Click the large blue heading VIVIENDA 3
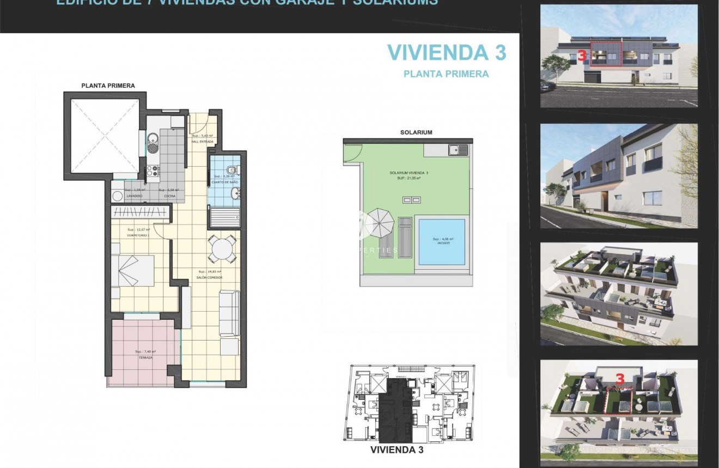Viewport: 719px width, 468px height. pyautogui.click(x=446, y=52)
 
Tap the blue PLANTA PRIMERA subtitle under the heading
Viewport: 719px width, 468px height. pyautogui.click(x=446, y=74)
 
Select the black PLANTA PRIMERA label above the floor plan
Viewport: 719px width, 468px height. pyautogui.click(x=108, y=86)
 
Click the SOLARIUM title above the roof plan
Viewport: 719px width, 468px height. pyautogui.click(x=416, y=132)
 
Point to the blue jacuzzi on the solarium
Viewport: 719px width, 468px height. pyautogui.click(x=442, y=241)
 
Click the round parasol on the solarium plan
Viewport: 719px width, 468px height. pyautogui.click(x=379, y=221)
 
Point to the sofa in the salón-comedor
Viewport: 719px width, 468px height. pyautogui.click(x=229, y=313)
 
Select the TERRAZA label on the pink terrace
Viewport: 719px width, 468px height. pyautogui.click(x=145, y=357)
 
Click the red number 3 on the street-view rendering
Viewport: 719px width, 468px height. pyautogui.click(x=581, y=55)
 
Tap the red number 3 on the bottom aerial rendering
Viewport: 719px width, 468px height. pyautogui.click(x=619, y=377)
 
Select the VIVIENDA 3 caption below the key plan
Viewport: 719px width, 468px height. pyautogui.click(x=397, y=451)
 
